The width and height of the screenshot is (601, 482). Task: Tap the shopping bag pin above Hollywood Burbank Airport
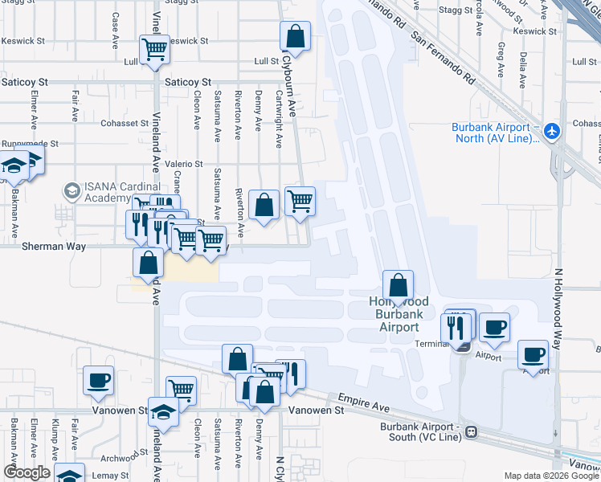pos(398,284)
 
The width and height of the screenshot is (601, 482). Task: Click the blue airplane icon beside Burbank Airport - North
pos(551,130)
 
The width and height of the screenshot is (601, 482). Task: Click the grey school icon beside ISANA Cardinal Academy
pos(72,191)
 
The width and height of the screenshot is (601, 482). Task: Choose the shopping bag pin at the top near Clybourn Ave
pos(295,36)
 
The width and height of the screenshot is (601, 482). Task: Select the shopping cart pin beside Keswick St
pos(154,50)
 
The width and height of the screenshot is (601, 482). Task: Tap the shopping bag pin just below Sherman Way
pos(148,263)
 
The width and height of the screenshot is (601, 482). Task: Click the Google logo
pos(27,472)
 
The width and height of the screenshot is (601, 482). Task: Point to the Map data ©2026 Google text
pos(550,476)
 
